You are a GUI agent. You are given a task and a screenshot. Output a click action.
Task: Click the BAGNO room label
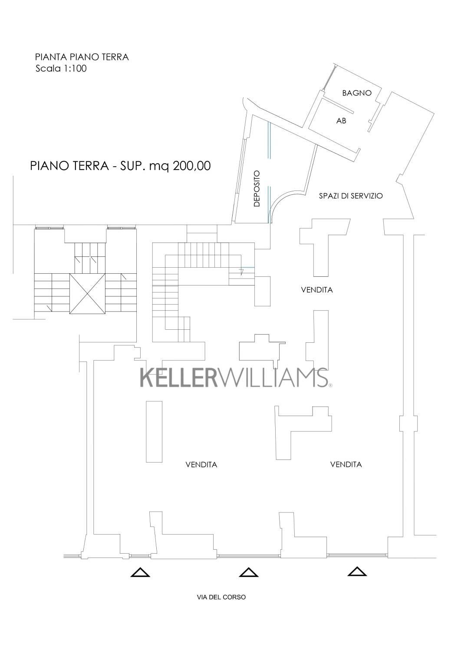coord(357,93)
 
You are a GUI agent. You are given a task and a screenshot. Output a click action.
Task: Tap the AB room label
coord(341,121)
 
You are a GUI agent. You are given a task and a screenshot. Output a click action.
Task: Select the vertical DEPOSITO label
coord(257,188)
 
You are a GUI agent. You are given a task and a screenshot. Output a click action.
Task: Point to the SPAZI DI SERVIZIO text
coord(351,196)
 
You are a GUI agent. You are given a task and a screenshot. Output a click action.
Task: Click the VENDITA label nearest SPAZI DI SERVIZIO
coord(317,290)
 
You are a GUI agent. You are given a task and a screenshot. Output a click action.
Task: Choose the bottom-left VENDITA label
coord(201,464)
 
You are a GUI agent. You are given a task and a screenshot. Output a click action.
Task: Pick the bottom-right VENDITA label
coord(346,464)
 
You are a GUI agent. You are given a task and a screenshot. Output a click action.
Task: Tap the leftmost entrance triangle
coord(140,572)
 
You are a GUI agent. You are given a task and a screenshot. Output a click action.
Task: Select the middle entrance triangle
coord(249,572)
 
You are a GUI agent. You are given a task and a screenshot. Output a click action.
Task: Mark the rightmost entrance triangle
coord(357,571)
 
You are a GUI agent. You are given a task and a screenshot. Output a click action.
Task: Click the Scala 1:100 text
coord(61,69)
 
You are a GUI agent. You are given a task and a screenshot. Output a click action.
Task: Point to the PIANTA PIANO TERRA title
coord(82,57)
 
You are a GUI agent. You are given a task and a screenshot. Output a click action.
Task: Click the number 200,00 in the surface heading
coord(191,166)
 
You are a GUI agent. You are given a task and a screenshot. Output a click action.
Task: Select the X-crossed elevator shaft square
coord(88,293)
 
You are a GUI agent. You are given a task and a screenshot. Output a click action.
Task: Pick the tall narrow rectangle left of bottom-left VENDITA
coord(154,432)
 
